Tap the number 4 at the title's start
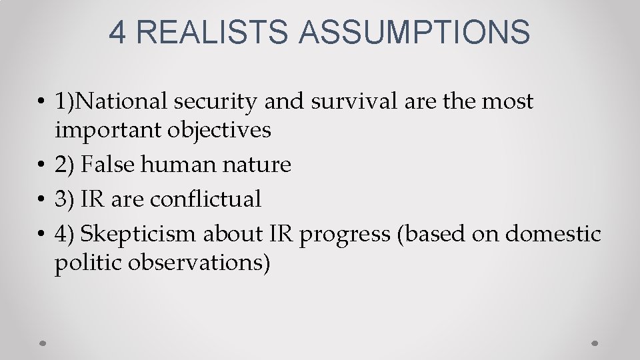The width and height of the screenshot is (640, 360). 117,31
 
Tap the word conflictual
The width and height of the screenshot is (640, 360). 205,199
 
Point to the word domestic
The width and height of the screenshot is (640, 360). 553,234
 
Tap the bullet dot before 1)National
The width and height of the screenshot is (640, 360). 41,102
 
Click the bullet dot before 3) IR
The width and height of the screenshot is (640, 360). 41,199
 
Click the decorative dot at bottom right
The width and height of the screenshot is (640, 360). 595,343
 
